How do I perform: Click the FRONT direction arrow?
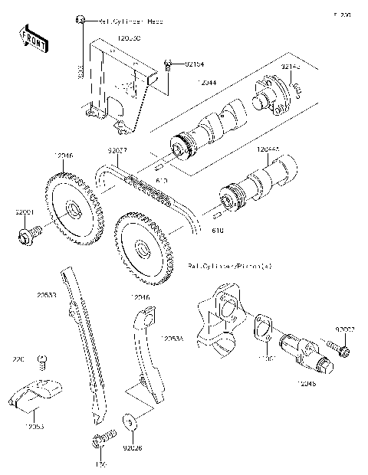tap(32, 38)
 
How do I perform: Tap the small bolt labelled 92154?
tap(169, 65)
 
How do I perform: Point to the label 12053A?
tap(173, 338)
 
